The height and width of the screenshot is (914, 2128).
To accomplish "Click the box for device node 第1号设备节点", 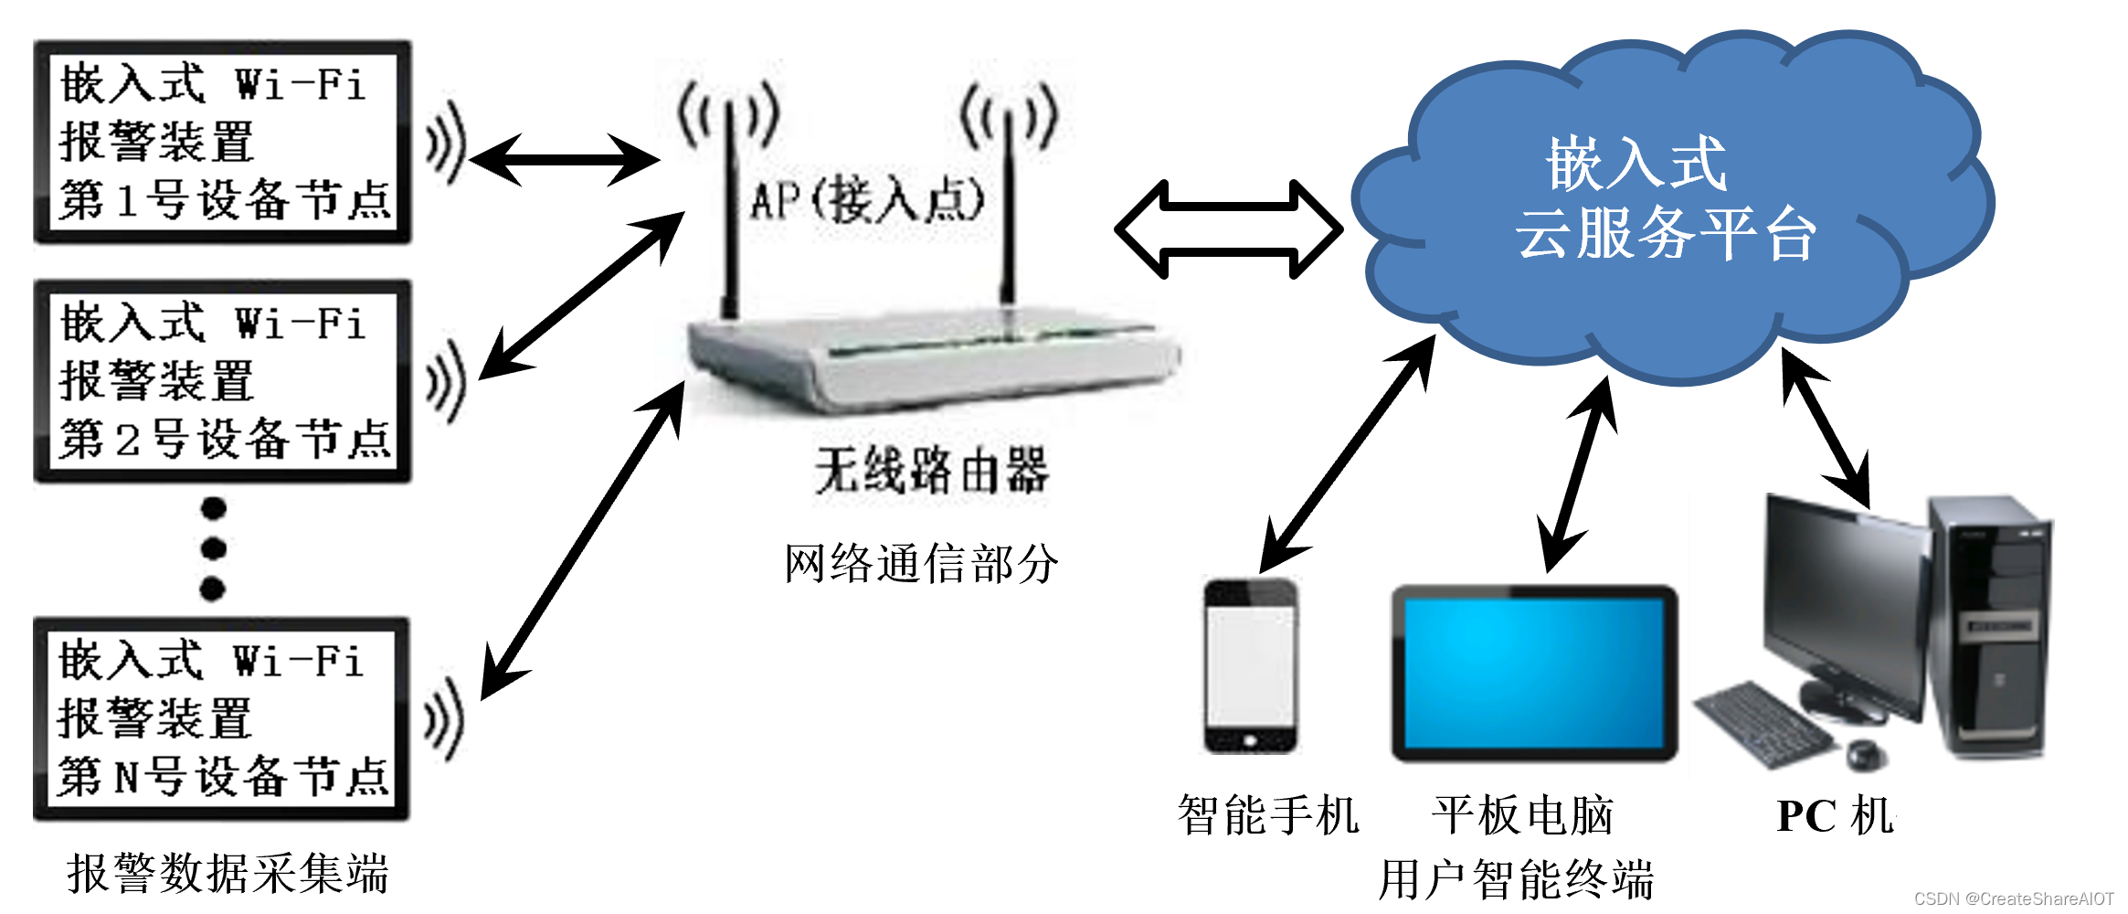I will [x=222, y=142].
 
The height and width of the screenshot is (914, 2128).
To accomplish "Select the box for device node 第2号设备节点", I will [x=222, y=381].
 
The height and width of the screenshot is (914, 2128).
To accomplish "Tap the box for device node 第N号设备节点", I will [x=220, y=718].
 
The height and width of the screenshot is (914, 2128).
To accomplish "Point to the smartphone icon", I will [x=1250, y=665].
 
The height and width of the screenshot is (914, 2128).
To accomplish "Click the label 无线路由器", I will [x=932, y=472].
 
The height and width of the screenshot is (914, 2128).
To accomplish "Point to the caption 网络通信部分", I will [x=921, y=563].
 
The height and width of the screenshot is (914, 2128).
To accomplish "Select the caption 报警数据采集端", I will [x=228, y=874].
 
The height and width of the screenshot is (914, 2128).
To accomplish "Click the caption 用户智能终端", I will [x=1517, y=879].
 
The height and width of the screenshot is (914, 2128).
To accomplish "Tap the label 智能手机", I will [x=1268, y=815].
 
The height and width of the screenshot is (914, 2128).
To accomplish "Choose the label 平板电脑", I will [x=1522, y=815].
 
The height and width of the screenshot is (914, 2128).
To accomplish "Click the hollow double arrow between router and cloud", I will [x=1229, y=228].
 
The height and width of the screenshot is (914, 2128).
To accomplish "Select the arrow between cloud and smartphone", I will [x=1348, y=452].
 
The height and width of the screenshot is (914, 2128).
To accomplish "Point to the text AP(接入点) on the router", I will [x=866, y=199].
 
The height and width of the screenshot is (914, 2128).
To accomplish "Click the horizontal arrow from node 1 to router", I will [x=564, y=160].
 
